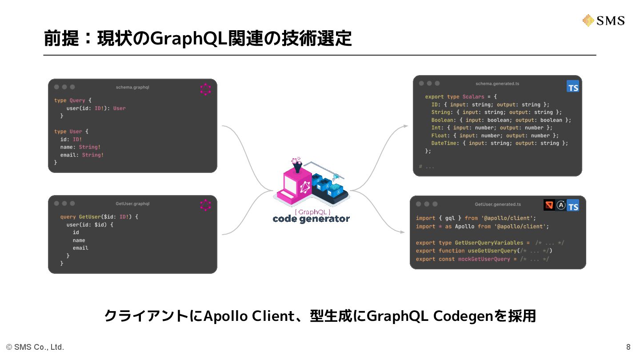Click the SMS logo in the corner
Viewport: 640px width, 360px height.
pyautogui.click(x=603, y=20)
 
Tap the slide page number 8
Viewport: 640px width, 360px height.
pyautogui.click(x=628, y=347)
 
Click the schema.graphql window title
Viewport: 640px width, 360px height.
pyautogui.click(x=132, y=87)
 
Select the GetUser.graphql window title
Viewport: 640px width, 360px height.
pyautogui.click(x=132, y=204)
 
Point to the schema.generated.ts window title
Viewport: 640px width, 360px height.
pyautogui.click(x=497, y=84)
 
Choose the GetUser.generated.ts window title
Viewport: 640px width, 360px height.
pyautogui.click(x=498, y=204)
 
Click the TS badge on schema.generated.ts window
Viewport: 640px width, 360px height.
pyautogui.click(x=573, y=87)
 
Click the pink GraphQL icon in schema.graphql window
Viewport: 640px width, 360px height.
pyautogui.click(x=205, y=89)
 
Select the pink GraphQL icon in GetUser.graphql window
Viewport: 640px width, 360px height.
pyautogui.click(x=205, y=205)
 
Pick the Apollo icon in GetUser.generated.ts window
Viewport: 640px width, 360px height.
pyautogui.click(x=561, y=205)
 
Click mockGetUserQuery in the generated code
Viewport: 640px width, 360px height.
pyautogui.click(x=484, y=259)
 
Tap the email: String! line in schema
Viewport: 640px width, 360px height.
pyautogui.click(x=82, y=155)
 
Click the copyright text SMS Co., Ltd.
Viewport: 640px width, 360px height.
pyautogui.click(x=35, y=347)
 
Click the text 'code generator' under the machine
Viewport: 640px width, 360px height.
pyautogui.click(x=311, y=219)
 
